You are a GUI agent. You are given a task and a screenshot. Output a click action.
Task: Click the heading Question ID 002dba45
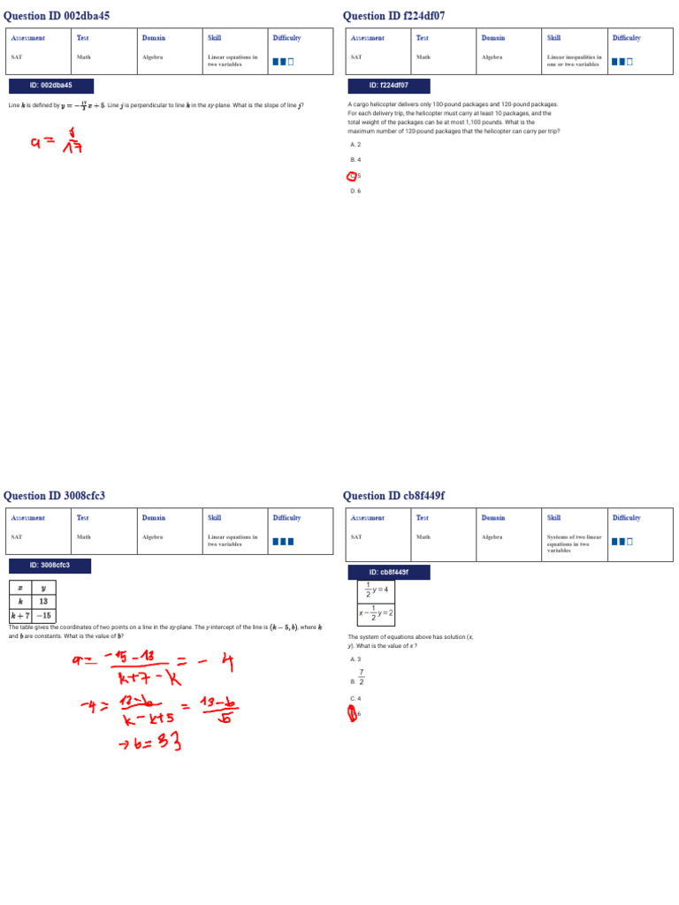57,16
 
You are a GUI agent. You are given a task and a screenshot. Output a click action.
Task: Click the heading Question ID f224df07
394,16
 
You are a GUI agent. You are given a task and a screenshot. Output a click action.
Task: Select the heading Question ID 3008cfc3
54,496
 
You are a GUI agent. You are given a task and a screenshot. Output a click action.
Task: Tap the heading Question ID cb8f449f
394,496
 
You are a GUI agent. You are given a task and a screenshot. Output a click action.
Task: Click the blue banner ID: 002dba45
50,86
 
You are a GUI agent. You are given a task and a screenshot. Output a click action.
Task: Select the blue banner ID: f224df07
389,86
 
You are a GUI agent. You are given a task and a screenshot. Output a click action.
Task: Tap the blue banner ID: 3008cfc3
50,566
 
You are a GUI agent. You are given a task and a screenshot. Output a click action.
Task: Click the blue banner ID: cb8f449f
389,572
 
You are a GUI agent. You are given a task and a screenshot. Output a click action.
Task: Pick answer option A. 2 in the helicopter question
355,144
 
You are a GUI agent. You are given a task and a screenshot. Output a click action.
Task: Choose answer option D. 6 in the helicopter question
355,191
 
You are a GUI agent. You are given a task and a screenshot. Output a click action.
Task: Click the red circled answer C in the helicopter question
353,176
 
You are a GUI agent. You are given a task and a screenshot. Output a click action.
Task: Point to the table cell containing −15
43,615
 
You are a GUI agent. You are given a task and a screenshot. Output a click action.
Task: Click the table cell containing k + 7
20,615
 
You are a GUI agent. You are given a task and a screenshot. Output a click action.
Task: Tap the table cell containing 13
43,601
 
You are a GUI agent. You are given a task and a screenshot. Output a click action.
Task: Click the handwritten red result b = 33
150,743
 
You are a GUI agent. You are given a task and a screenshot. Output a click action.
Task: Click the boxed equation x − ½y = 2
376,613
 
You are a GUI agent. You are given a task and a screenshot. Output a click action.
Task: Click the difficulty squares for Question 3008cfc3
283,542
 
